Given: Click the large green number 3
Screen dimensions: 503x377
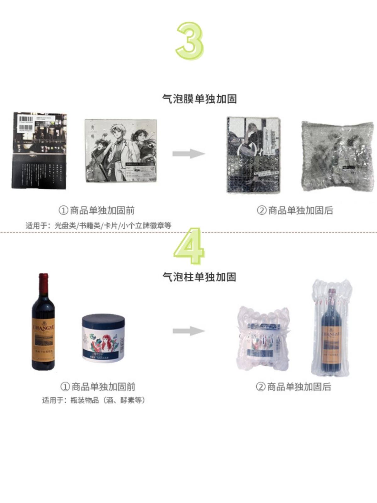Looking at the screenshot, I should pos(190,41).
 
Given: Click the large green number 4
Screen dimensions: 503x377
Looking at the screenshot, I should pos(189,246).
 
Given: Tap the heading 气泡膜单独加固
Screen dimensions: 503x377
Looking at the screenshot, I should pos(199,99).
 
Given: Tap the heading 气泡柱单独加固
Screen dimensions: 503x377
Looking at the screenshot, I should pos(199,277).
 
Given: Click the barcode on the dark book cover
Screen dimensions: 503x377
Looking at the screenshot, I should pos(26,119).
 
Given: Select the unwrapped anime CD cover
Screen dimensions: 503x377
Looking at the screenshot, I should pos(121,150).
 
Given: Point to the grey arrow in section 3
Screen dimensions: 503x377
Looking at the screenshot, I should pos(188,154).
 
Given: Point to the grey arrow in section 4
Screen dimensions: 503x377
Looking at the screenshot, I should pos(188,331).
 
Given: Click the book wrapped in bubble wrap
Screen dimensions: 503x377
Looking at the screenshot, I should pos(253,155).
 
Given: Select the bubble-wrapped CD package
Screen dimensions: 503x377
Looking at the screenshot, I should pos(337,156).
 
